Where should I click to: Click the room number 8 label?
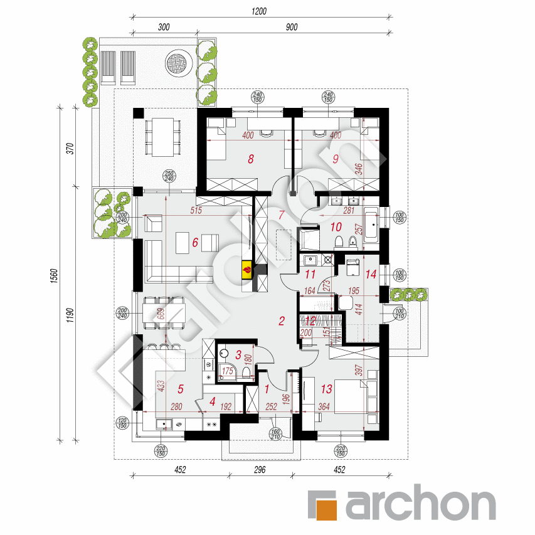(251, 159)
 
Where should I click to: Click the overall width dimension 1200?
(260, 11)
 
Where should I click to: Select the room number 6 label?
(195, 242)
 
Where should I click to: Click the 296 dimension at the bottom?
(260, 470)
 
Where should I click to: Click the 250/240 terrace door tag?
(168, 177)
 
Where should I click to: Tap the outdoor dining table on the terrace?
(162, 137)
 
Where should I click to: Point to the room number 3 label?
(230, 354)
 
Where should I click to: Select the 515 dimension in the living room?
(196, 211)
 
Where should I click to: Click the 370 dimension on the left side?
(70, 149)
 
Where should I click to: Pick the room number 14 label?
(371, 273)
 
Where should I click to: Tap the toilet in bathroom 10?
(339, 243)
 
